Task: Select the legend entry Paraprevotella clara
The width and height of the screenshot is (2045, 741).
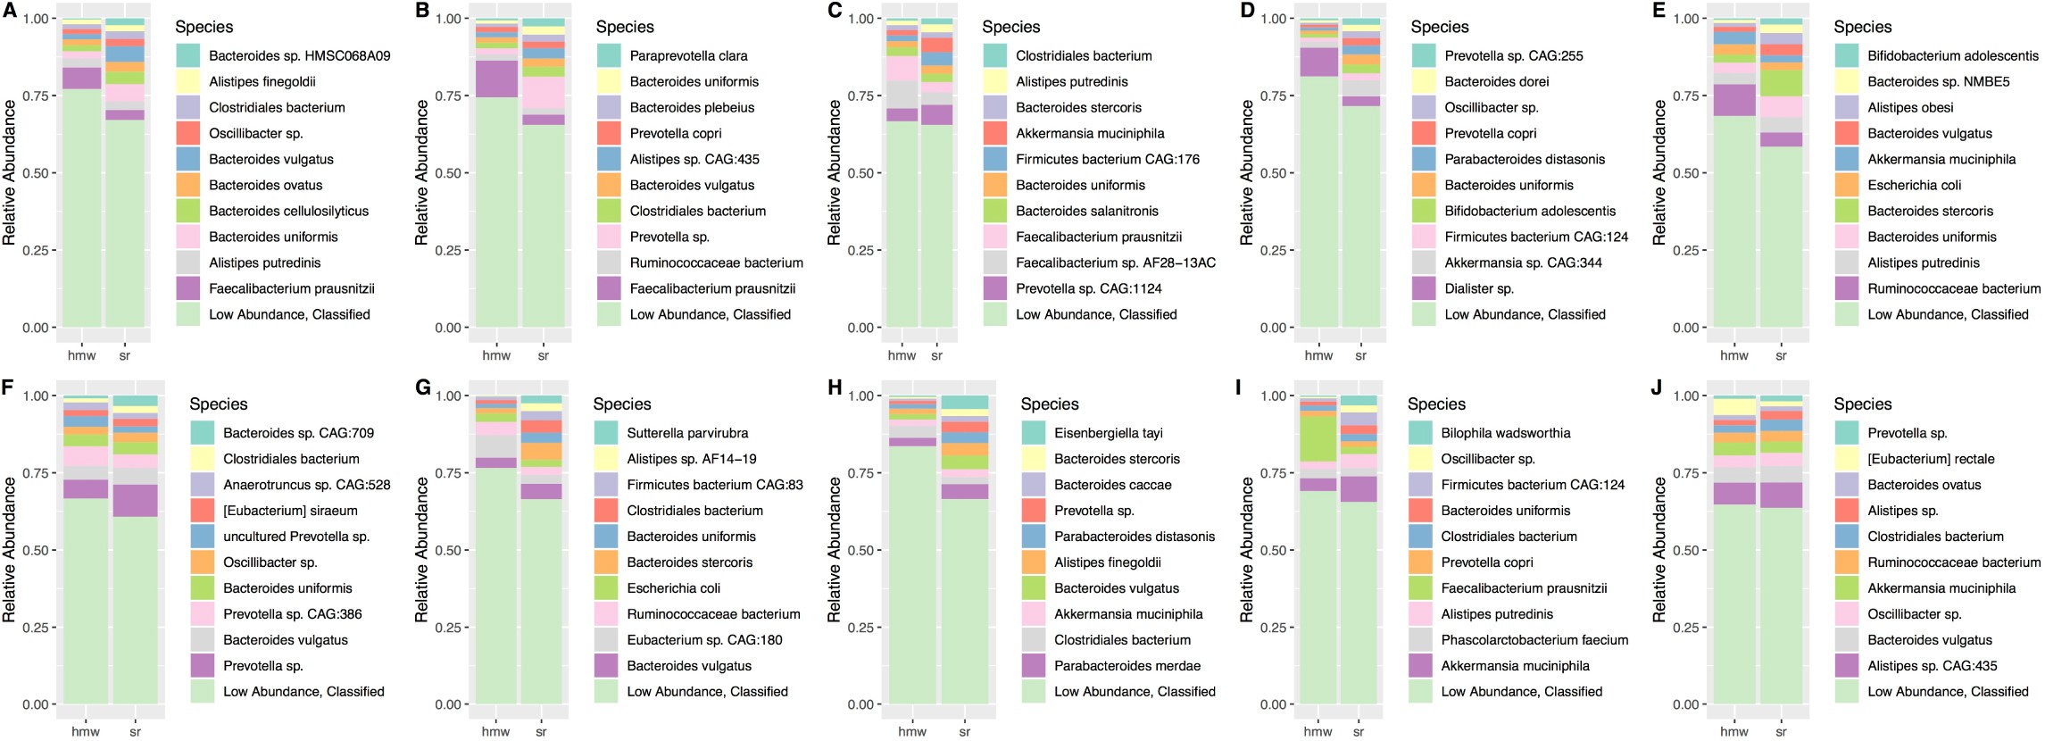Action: [688, 55]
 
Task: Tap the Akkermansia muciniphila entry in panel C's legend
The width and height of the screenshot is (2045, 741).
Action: [1089, 133]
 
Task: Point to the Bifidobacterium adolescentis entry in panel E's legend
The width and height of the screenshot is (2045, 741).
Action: [1952, 55]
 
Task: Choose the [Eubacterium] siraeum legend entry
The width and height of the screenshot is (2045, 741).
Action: [289, 511]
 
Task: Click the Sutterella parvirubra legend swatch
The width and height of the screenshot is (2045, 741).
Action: [606, 433]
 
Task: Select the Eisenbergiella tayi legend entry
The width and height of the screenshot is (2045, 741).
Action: [1108, 433]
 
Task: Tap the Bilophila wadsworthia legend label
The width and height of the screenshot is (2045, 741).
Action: [1505, 433]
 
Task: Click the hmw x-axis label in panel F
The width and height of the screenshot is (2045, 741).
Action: [86, 731]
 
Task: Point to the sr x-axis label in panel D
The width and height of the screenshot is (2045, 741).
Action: [1360, 355]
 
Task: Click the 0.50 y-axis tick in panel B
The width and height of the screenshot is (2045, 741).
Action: [449, 173]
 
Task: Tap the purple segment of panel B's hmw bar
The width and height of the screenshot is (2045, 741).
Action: [496, 79]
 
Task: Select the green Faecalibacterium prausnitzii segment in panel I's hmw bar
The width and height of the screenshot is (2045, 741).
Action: [1318, 438]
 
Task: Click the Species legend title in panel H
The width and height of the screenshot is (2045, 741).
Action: [1049, 404]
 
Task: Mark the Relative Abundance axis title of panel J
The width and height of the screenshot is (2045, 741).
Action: [1658, 549]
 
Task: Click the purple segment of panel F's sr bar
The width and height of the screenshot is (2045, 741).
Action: [135, 501]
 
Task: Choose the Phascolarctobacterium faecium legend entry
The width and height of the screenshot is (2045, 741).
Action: [1534, 640]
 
